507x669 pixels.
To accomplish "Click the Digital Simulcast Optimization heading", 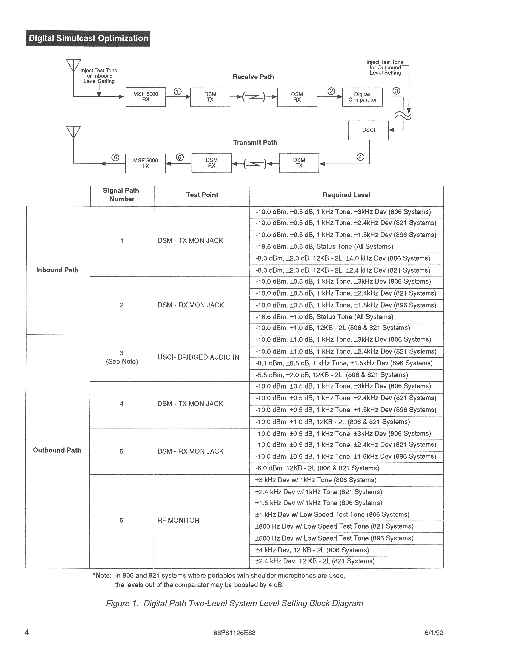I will tap(88, 38).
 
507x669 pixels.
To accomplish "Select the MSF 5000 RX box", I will tap(146, 97).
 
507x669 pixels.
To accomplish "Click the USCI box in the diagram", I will tap(368, 130).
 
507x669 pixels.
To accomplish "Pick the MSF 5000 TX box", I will tap(146, 163).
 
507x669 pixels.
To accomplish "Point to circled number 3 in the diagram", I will tap(396, 91).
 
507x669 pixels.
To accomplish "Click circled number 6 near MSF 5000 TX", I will tap(115, 157).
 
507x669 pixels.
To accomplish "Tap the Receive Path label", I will tap(253, 77).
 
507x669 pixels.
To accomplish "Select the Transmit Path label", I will tap(255, 142).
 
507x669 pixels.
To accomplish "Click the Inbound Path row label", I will tap(57, 270).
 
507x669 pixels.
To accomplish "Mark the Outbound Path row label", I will tap(57, 450).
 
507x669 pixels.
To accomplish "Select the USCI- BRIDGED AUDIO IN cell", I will tap(198, 357).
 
